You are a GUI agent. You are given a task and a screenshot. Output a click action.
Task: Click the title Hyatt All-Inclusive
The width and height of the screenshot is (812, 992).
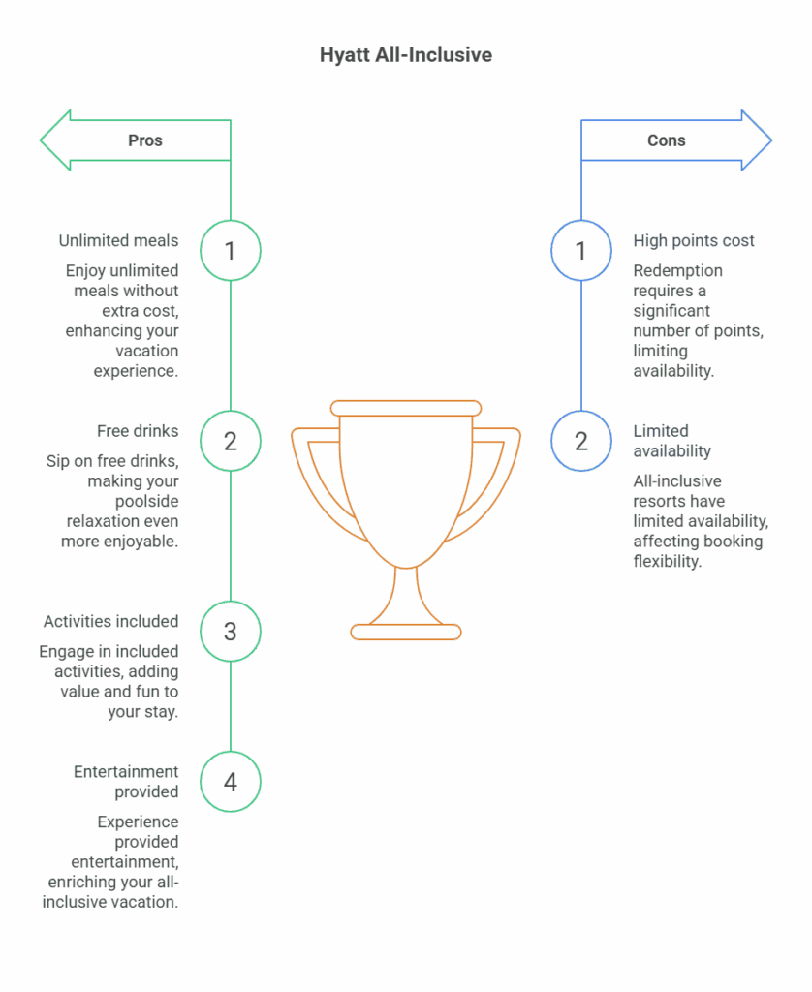[405, 55]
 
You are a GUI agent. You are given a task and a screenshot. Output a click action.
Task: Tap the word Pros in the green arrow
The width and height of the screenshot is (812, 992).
[145, 140]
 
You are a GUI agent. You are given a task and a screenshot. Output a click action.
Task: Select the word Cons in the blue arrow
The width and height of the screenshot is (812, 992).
[666, 140]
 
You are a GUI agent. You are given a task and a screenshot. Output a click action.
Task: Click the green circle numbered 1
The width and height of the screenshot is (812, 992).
[231, 251]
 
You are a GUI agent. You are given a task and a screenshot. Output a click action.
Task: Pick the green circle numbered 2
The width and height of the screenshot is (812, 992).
[231, 441]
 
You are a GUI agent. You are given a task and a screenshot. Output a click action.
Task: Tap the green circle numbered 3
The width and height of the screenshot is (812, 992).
[231, 632]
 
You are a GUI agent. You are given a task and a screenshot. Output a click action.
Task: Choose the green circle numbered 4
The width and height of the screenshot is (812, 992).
[231, 781]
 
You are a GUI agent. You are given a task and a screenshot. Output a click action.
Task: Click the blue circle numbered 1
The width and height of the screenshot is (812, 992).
[581, 251]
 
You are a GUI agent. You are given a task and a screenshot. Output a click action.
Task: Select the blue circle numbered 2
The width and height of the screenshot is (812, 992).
[581, 441]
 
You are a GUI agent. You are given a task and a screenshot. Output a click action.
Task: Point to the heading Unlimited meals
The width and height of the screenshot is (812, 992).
[118, 240]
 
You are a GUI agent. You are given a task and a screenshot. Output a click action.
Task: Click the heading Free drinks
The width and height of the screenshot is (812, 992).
[137, 430]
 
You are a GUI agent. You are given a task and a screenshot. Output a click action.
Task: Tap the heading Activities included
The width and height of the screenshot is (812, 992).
[110, 621]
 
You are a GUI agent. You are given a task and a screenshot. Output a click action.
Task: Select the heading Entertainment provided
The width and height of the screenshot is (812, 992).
[126, 782]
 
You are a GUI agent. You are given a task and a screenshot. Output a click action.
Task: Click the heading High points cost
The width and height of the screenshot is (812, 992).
[694, 240]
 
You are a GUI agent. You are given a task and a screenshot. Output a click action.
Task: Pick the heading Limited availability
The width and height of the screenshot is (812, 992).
[672, 441]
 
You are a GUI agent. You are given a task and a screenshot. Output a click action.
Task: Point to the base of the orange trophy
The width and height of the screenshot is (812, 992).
[406, 632]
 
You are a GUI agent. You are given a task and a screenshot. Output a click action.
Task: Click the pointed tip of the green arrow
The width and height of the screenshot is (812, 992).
[43, 140]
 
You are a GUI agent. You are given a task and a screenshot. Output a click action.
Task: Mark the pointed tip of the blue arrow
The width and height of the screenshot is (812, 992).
[769, 140]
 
